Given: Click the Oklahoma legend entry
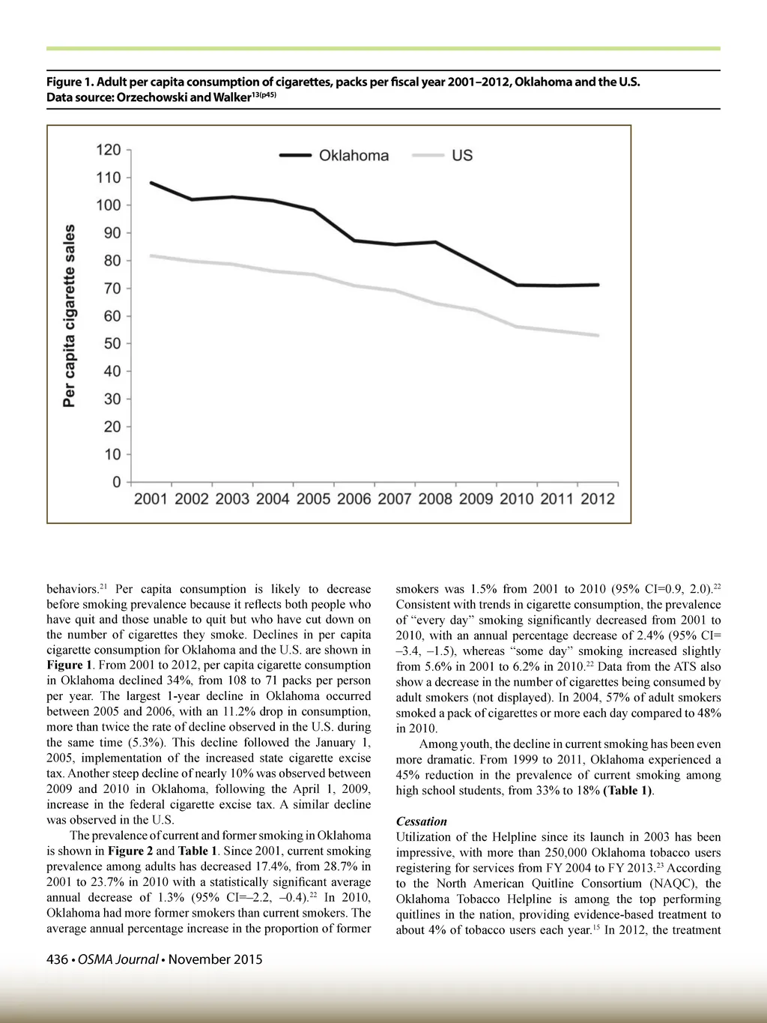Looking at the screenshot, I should (x=354, y=156).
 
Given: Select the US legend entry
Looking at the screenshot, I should (x=461, y=156).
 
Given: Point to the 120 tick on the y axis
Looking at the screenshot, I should (x=109, y=150).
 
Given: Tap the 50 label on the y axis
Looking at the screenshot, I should (x=112, y=343).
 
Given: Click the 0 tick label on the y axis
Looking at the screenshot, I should (x=117, y=482).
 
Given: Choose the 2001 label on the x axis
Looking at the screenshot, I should (x=151, y=499).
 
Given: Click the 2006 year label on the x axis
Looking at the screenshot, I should (x=354, y=499).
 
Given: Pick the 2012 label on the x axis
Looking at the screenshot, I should (x=597, y=499).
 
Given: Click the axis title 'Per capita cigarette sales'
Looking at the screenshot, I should (x=70, y=316).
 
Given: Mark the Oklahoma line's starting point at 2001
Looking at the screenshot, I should (x=151, y=183).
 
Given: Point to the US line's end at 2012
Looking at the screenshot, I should (x=598, y=335).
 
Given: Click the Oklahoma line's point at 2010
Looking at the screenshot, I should (x=517, y=285).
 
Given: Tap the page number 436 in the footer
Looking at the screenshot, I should (x=58, y=959).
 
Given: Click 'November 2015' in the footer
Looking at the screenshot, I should (x=215, y=959).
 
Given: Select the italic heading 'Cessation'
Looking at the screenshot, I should (x=421, y=821).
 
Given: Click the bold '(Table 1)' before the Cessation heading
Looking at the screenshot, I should (x=628, y=791).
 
